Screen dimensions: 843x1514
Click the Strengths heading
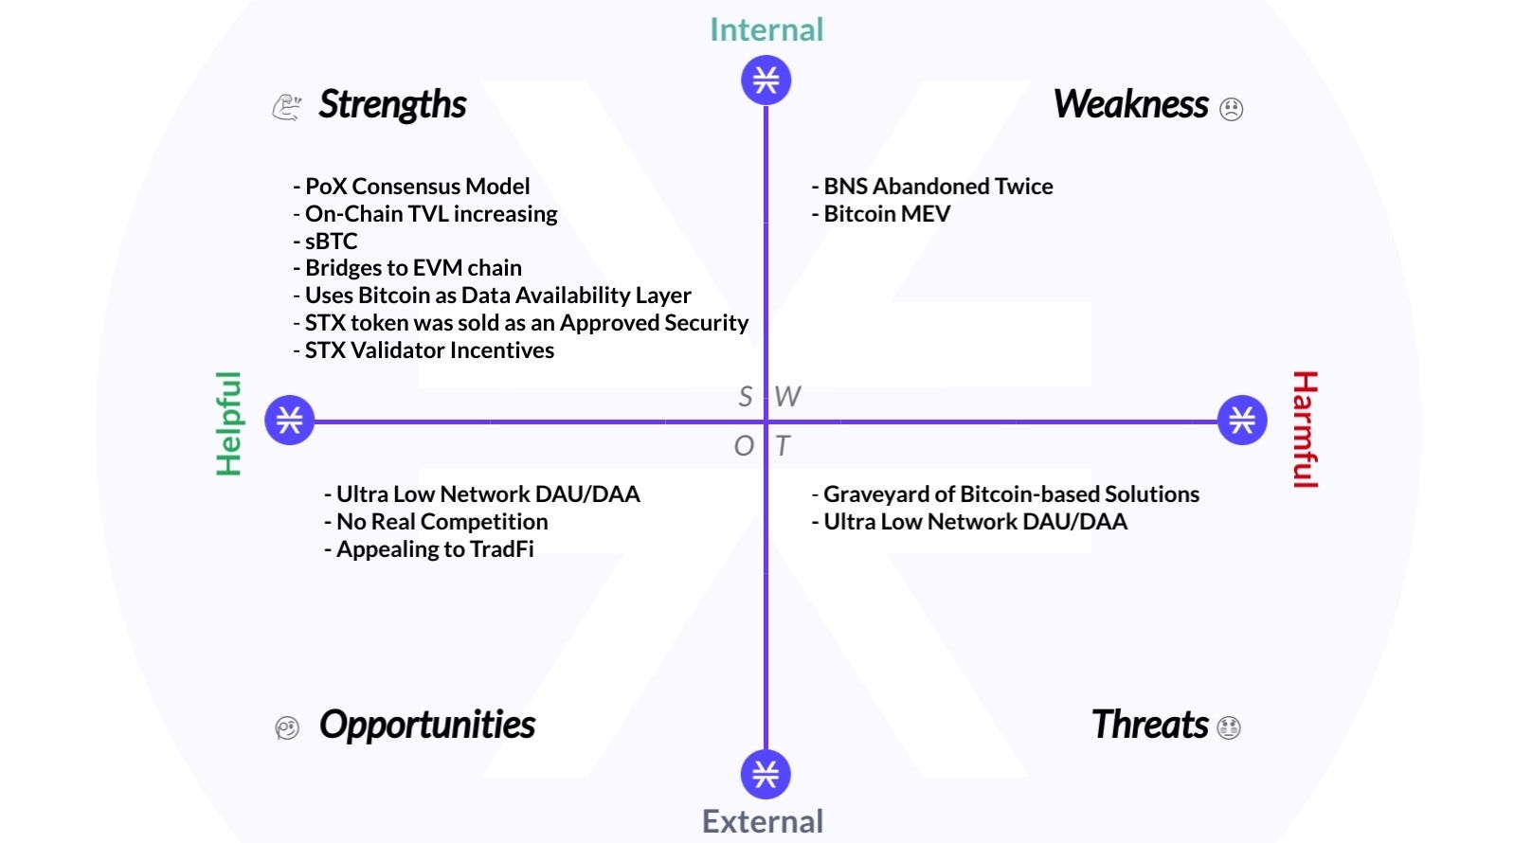[392, 104]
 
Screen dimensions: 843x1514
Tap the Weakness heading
[1130, 104]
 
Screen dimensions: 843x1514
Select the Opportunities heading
[426, 725]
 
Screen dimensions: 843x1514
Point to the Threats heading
[1149, 725]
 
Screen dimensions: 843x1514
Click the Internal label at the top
[766, 29]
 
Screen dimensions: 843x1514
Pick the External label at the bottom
[763, 821]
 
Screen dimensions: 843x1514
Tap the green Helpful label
[228, 422]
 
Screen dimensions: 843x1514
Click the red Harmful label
[1305, 429]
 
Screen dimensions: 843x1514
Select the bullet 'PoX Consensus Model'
[412, 187]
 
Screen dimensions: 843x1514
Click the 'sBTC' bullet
[326, 242]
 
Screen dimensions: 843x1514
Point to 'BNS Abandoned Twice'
[933, 187]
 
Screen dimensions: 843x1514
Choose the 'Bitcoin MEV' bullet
[882, 214]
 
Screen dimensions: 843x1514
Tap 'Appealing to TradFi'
[429, 549]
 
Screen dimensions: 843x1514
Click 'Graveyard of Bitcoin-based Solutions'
[1006, 494]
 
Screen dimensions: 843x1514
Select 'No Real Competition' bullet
[437, 522]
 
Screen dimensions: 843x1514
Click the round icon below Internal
[766, 80]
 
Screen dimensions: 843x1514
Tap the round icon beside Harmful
[1242, 420]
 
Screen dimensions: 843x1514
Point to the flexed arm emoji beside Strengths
[286, 106]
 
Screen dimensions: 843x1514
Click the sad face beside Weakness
[1231, 109]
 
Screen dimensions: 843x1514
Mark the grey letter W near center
[787, 396]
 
